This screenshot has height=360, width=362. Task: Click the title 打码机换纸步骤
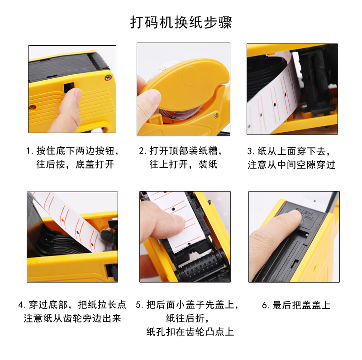(x=181, y=22)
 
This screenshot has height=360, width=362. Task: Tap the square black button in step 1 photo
(x=69, y=87)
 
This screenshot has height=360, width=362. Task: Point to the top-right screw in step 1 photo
(x=108, y=77)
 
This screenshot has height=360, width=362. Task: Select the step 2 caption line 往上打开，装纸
(x=183, y=164)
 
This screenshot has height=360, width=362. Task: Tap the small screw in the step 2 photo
(x=216, y=115)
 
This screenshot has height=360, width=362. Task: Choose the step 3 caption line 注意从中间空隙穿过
(x=291, y=165)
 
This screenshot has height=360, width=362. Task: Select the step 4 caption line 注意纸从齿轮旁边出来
(x=72, y=318)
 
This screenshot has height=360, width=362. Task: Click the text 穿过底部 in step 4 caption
(x=48, y=305)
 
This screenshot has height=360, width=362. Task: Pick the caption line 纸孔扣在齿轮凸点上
(x=190, y=331)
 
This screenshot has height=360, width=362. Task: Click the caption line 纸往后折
(x=187, y=318)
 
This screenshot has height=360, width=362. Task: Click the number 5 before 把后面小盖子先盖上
(x=138, y=305)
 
